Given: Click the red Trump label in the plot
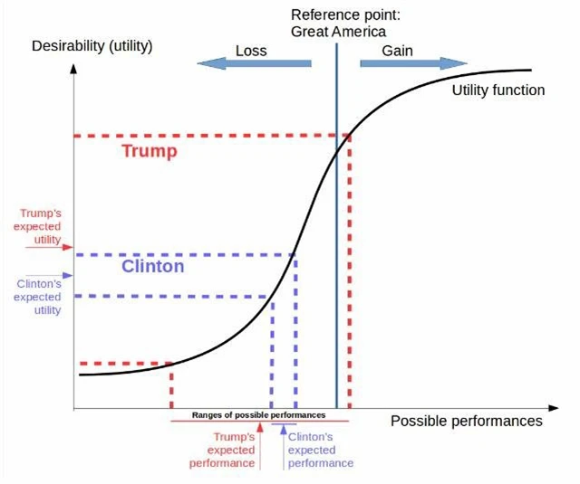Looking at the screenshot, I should [150, 151].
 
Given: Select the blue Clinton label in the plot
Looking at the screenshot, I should [152, 267].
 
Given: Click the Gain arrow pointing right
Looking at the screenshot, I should [413, 63].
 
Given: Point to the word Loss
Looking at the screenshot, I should [251, 51].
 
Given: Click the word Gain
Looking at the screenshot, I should [397, 51].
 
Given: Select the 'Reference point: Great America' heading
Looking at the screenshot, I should [332, 24].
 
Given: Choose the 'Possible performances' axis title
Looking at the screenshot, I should [467, 421].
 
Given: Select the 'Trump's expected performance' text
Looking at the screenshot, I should [222, 450].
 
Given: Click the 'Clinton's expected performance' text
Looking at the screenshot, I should [320, 450].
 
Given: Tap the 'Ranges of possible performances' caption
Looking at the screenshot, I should [258, 415].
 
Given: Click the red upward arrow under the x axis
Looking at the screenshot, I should [260, 443].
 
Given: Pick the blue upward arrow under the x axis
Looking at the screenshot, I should [282, 443].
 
